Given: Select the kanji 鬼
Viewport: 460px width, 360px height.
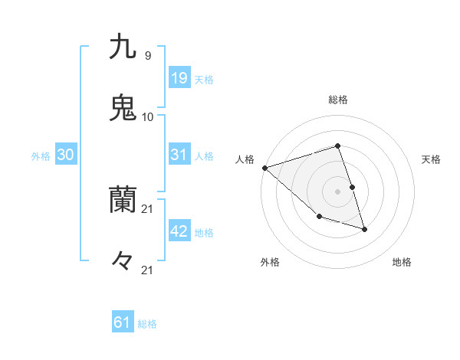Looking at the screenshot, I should click(x=123, y=108).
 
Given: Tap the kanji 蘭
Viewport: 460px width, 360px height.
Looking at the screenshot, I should click(x=123, y=201).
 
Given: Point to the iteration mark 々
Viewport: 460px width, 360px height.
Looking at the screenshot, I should click(x=123, y=262).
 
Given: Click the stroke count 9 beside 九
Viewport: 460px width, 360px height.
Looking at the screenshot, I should click(x=147, y=55).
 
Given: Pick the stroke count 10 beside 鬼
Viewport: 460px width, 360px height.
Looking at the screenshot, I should click(x=148, y=116).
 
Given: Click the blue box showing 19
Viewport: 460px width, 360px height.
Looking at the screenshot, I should click(x=179, y=77).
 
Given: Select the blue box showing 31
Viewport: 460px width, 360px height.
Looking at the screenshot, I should click(x=179, y=155).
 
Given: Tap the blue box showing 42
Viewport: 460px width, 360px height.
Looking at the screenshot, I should click(x=179, y=231).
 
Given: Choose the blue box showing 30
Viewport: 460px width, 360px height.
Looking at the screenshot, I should click(x=66, y=155).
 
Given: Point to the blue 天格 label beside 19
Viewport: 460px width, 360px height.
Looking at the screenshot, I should click(x=204, y=80).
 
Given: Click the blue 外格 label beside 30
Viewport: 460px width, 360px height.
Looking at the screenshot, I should click(x=41, y=156).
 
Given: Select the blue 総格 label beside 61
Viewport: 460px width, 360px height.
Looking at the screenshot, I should click(x=147, y=324).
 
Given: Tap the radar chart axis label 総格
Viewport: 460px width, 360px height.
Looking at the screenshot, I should click(x=337, y=100).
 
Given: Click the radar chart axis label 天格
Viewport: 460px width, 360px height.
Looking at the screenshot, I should click(x=432, y=159).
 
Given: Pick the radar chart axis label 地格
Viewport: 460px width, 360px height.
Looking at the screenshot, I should click(x=402, y=263).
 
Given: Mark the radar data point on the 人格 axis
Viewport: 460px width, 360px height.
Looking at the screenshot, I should click(x=264, y=167).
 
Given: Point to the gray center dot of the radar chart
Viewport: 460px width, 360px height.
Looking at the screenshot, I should click(x=337, y=191).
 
